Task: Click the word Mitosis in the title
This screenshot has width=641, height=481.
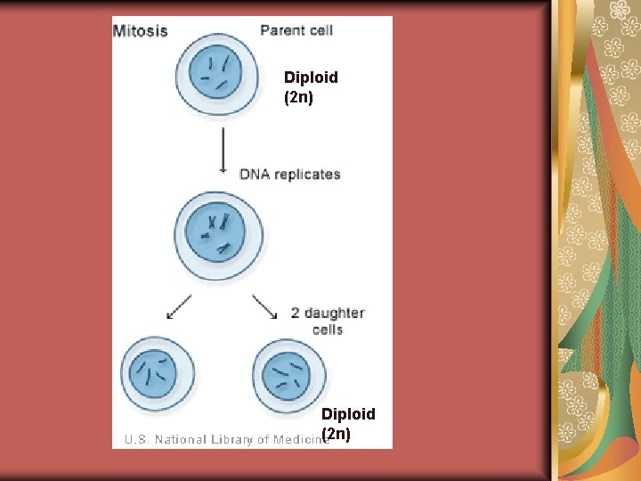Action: click(x=141, y=30)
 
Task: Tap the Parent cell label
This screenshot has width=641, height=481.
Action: click(x=296, y=30)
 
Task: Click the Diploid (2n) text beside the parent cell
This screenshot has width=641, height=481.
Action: click(x=311, y=86)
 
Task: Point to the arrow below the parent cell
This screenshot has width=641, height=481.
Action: click(x=222, y=151)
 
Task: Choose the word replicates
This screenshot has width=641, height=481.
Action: click(x=307, y=174)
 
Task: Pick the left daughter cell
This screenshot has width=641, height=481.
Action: click(x=157, y=373)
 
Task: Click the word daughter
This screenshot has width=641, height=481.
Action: click(x=335, y=313)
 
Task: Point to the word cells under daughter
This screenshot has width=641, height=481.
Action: click(x=328, y=330)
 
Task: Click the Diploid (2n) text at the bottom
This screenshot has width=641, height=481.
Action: click(x=348, y=424)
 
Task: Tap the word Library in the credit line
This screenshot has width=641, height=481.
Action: click(x=226, y=439)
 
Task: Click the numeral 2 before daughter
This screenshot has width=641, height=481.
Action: click(x=296, y=313)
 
